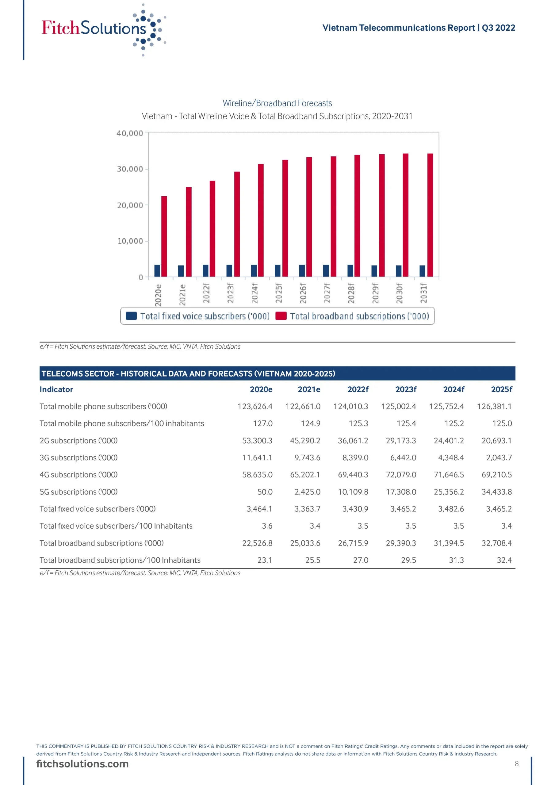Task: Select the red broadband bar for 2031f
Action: pyautogui.click(x=430, y=215)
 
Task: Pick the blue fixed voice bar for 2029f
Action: pyautogui.click(x=374, y=271)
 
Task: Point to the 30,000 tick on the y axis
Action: pyautogui.click(x=130, y=169)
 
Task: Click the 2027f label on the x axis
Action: pyautogui.click(x=327, y=293)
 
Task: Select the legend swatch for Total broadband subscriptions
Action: pyautogui.click(x=281, y=316)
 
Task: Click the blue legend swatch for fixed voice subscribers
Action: pyautogui.click(x=131, y=316)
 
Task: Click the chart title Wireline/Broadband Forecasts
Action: pyautogui.click(x=277, y=103)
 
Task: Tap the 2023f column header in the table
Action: pyautogui.click(x=406, y=389)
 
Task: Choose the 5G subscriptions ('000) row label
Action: pyautogui.click(x=79, y=492)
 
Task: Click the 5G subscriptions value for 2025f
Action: pyautogui.click(x=496, y=492)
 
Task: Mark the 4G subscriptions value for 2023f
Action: pyautogui.click(x=401, y=475)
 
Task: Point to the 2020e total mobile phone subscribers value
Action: pyautogui.click(x=255, y=407)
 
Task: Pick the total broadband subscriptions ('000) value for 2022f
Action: pyautogui.click(x=353, y=543)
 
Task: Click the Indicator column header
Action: pyautogui.click(x=56, y=389)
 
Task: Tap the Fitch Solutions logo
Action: pyautogui.click(x=103, y=29)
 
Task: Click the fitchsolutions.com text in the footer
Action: pyautogui.click(x=82, y=764)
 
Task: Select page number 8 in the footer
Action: pyautogui.click(x=517, y=764)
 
